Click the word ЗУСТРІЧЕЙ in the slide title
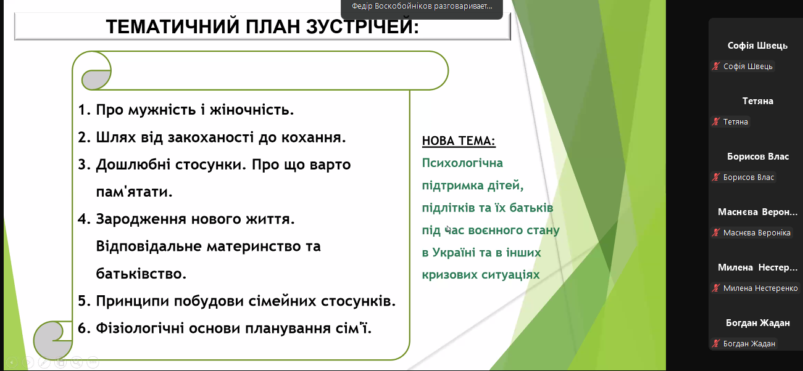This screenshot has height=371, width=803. (362, 26)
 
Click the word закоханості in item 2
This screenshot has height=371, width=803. (211, 137)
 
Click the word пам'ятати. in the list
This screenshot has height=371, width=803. (134, 192)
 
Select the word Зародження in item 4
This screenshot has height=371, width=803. (141, 219)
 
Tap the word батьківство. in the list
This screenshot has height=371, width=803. (141, 274)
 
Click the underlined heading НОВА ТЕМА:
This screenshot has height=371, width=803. (459, 141)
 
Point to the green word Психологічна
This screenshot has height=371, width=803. (462, 163)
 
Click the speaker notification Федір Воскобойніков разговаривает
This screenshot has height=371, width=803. (422, 6)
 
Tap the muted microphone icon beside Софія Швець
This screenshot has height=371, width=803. (716, 67)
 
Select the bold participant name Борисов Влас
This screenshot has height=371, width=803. (758, 157)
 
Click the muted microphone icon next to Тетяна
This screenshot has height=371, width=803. (716, 122)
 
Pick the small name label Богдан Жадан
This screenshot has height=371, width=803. (749, 343)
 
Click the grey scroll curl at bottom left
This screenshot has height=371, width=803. (53, 340)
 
